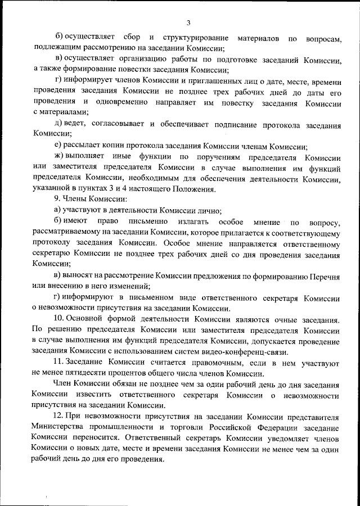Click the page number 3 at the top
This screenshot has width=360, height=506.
click(x=188, y=22)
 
